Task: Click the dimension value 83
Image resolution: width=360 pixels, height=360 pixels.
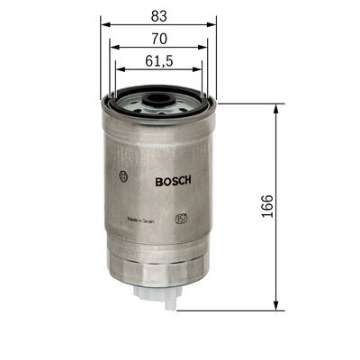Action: click(157, 14)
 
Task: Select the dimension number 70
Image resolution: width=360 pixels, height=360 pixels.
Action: click(157, 40)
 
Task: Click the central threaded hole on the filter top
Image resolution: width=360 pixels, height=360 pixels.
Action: click(157, 93)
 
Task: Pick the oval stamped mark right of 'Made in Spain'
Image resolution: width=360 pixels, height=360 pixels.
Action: click(180, 219)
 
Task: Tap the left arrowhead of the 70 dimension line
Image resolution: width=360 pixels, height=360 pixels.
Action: click(111, 49)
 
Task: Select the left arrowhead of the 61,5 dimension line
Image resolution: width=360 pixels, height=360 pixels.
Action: click(116, 73)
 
